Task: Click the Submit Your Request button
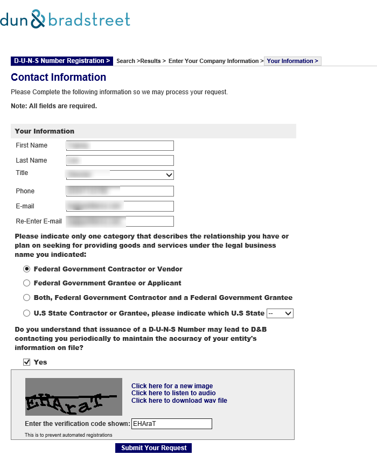tap(153, 448)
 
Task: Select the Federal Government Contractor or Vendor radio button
tap(26, 269)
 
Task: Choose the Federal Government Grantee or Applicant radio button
tap(26, 283)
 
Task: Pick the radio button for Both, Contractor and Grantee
tap(26, 298)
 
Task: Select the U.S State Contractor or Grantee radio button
tap(26, 313)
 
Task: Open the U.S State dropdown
tap(280, 313)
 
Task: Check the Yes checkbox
tap(26, 362)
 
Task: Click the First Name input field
tap(120, 145)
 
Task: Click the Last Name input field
tap(120, 160)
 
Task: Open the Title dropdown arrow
tap(169, 175)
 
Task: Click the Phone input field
tap(120, 191)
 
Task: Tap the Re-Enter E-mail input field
tap(120, 221)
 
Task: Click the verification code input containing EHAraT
tap(172, 424)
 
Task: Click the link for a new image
tap(172, 386)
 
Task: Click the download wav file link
tap(179, 401)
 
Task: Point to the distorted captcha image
tap(74, 397)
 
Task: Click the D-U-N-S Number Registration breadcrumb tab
tap(62, 61)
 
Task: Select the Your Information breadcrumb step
tap(292, 61)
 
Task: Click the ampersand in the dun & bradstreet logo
tap(38, 20)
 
